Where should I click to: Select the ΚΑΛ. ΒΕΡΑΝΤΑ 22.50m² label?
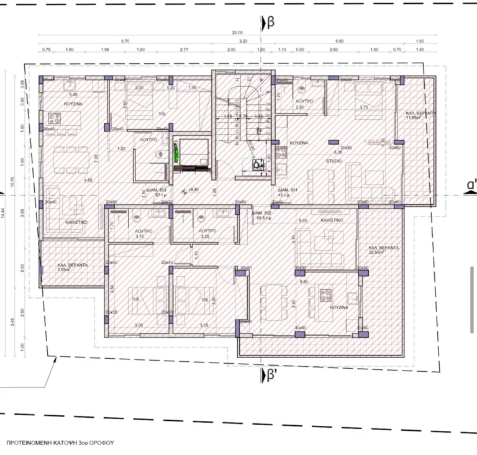pos(383,250)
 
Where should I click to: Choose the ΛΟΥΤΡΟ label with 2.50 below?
pos(299,101)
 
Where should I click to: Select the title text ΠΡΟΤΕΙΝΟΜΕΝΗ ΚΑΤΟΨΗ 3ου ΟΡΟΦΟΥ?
pos(60,444)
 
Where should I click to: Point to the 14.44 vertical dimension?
pos(6,212)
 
